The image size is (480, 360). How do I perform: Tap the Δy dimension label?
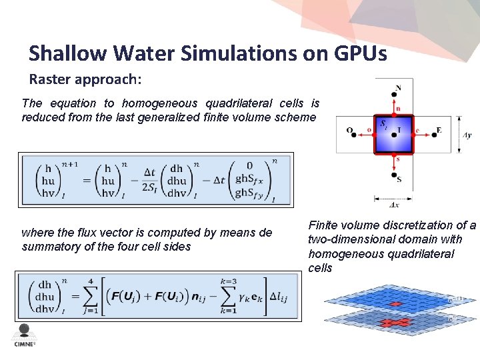pyautogui.click(x=467, y=135)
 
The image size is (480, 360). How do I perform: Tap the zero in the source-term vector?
pyautogui.click(x=249, y=166)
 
